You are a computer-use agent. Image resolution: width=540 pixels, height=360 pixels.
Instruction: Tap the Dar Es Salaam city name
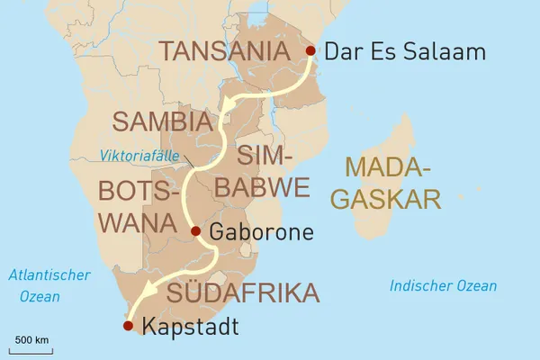click(x=405, y=51)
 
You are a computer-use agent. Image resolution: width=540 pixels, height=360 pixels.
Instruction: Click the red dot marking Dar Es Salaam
click(x=310, y=50)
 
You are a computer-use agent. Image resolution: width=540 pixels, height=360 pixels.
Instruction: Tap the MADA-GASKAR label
click(x=387, y=183)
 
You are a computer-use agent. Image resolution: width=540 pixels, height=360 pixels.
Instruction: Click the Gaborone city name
click(x=261, y=232)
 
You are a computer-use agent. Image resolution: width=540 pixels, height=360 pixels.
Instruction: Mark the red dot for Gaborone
click(x=195, y=231)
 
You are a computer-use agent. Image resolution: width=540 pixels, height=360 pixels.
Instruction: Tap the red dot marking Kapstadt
click(x=128, y=326)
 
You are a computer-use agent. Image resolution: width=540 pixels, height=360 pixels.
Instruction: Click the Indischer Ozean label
click(x=443, y=286)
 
